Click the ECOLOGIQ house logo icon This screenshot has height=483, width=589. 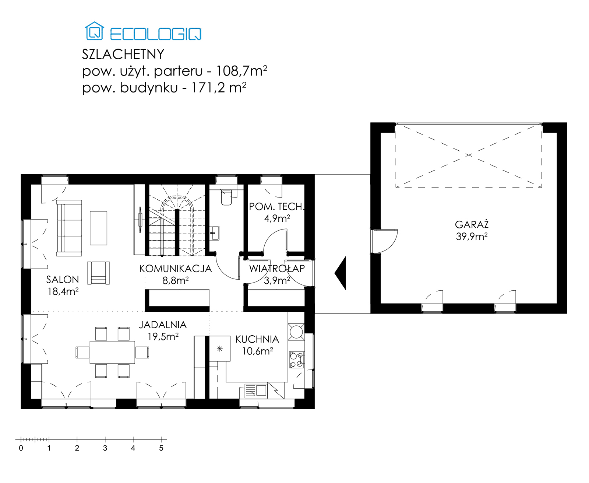pyautogui.click(x=94, y=31)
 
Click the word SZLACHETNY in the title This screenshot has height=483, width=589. pyautogui.click(x=123, y=55)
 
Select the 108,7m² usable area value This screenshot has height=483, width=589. pyautogui.click(x=242, y=71)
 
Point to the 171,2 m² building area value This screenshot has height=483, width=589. pyautogui.click(x=219, y=88)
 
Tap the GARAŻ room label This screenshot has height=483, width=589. pyautogui.click(x=472, y=224)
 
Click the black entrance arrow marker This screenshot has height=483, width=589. pyautogui.click(x=341, y=273)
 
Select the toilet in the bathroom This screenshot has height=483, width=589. pyautogui.click(x=226, y=197)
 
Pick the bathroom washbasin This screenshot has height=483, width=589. pyautogui.click(x=215, y=233)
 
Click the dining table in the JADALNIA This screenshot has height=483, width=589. pyautogui.click(x=112, y=352)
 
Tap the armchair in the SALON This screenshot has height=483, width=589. pyautogui.click(x=98, y=273)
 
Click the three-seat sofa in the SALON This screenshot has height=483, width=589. pyautogui.click(x=69, y=228)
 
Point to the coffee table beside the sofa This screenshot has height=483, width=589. pyautogui.click(x=98, y=228)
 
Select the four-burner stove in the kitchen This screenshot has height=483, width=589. pyautogui.click(x=296, y=360)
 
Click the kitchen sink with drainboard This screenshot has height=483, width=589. pyautogui.click(x=256, y=391)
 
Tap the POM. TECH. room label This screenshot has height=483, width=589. pyautogui.click(x=277, y=207)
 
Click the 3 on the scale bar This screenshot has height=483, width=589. pyautogui.click(x=105, y=448)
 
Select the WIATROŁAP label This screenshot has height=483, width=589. pyautogui.click(x=277, y=269)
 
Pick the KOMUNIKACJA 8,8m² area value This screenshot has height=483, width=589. pyautogui.click(x=175, y=280)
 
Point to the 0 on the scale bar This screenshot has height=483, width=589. pyautogui.click(x=21, y=448)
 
